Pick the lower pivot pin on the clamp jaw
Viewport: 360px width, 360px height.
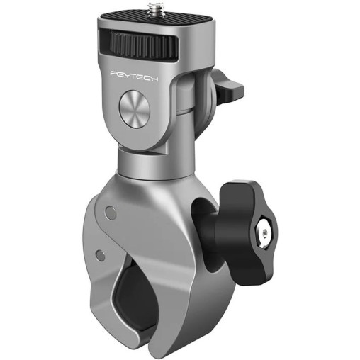click(101, 254)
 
